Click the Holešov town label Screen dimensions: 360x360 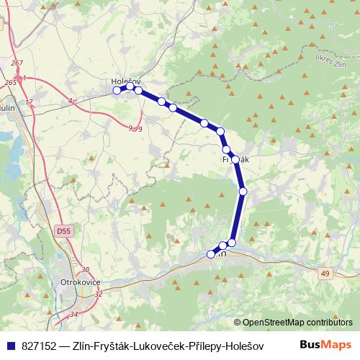point(125,81)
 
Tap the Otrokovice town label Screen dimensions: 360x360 point(78,282)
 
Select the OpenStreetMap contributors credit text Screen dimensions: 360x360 point(297,323)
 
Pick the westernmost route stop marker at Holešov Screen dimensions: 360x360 point(117,90)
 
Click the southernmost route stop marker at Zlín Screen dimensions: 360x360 point(212,253)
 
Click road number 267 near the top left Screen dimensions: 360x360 point(18,63)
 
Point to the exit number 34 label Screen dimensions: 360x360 point(73,315)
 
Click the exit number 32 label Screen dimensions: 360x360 point(99,294)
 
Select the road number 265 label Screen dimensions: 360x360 point(9,83)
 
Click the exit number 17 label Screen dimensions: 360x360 point(29,102)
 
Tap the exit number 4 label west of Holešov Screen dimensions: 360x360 point(71,102)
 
